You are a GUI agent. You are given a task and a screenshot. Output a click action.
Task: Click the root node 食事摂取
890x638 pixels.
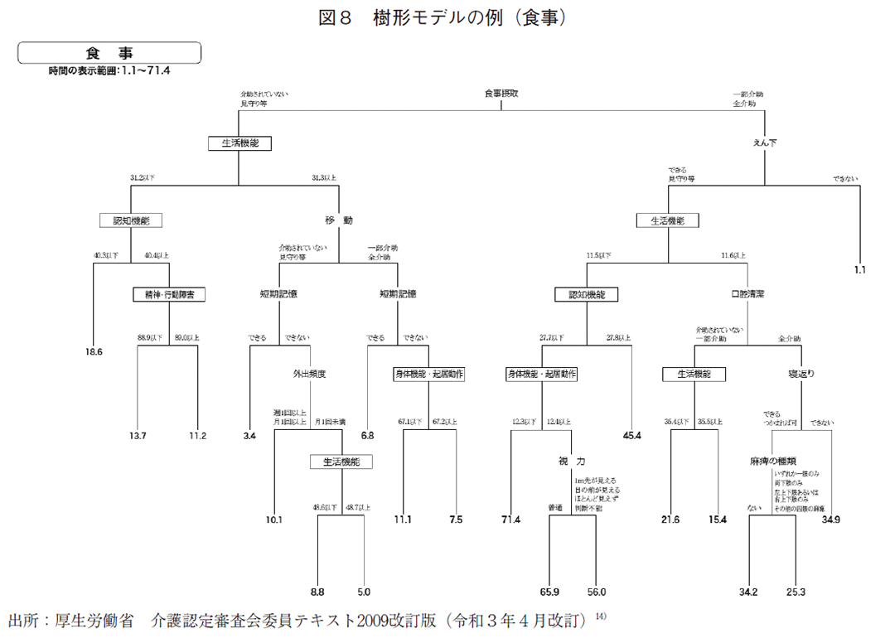501,94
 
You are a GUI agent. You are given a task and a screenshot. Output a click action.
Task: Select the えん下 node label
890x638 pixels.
764,143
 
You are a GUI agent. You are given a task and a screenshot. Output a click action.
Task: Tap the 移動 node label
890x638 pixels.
339,220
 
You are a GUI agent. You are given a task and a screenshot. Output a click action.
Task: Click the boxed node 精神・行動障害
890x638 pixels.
169,293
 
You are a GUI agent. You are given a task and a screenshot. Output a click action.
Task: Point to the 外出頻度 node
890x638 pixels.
309,373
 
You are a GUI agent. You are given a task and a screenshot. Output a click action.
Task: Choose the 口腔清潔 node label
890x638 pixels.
747,293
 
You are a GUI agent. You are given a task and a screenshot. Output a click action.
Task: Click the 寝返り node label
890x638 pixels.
801,374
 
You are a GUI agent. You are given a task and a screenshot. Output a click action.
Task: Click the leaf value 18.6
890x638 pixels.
94,351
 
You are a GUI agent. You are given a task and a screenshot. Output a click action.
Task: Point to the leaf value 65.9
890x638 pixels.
550,592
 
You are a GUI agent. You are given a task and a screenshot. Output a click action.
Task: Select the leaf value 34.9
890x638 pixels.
831,520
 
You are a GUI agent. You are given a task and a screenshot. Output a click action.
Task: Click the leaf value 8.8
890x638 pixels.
317,592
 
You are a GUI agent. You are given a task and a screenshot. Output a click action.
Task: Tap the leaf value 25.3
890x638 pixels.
797,592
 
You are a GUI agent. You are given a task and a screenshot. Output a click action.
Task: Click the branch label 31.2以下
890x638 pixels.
143,177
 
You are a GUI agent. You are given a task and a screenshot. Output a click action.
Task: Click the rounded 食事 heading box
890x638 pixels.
109,52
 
